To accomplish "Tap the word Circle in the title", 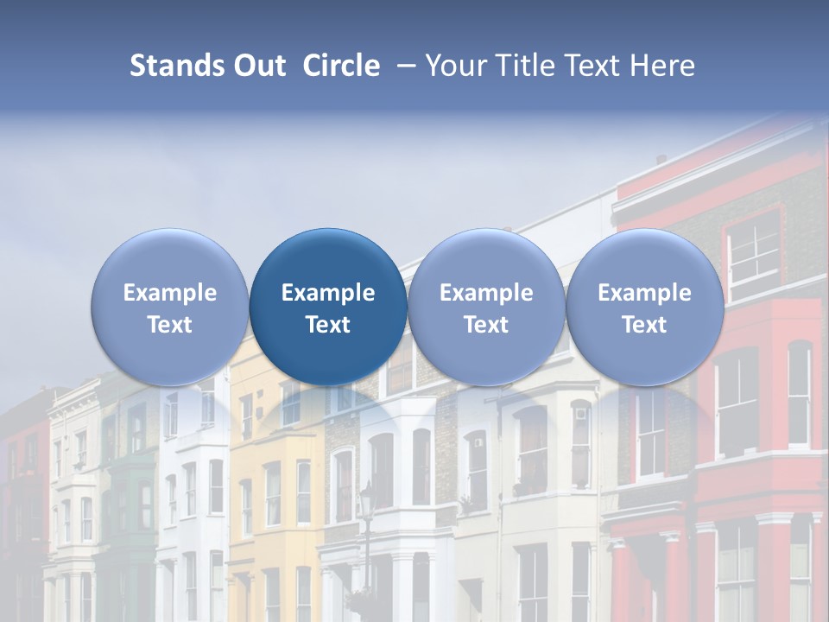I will tap(341, 66).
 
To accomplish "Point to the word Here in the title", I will tap(663, 66).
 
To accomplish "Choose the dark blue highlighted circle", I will tap(328, 308).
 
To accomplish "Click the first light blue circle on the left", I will tap(169, 308).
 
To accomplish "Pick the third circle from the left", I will tap(486, 308).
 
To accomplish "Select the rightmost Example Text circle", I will tap(644, 308).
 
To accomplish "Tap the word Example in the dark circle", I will tap(328, 293).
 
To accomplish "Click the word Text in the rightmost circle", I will tap(644, 325).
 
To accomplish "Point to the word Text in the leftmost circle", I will tap(169, 325).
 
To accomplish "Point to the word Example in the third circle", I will tap(486, 293).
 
